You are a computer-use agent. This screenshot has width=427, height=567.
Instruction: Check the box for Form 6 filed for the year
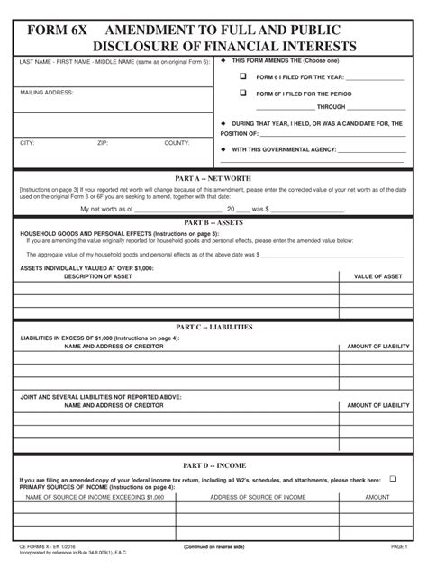[x=241, y=76]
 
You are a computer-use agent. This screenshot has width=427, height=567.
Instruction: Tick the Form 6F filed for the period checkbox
[x=241, y=93]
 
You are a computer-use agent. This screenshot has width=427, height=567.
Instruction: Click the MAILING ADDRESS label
[x=47, y=93]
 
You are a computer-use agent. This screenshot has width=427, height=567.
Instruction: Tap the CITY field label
[x=27, y=143]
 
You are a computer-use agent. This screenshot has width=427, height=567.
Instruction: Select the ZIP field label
[x=103, y=143]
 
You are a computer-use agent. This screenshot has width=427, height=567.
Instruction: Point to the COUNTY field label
[x=177, y=143]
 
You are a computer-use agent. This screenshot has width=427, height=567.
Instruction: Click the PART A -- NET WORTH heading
[x=213, y=177]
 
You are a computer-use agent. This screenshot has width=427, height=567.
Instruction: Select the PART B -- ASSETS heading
[x=213, y=221]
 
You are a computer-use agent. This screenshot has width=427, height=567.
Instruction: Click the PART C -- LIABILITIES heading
[x=213, y=327]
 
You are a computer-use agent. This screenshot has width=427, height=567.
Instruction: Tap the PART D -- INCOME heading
[x=213, y=465]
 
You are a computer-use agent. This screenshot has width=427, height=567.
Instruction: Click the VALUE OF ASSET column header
[x=377, y=276]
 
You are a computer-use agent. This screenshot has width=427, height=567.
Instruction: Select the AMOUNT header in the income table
[x=377, y=497]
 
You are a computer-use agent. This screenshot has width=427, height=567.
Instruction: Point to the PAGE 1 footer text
[x=399, y=546]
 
